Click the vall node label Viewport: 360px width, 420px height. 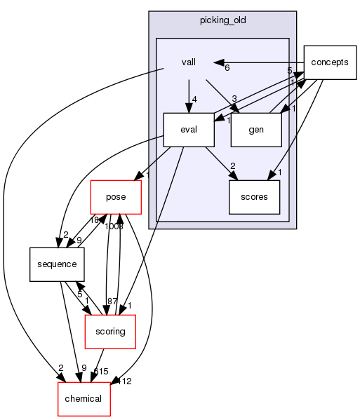[x=187, y=62]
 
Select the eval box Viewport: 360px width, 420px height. [x=187, y=130]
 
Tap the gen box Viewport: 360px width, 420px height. [x=255, y=130]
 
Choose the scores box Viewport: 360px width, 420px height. [x=254, y=197]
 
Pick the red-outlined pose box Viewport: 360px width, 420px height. [x=116, y=197]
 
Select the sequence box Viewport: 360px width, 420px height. [x=57, y=264]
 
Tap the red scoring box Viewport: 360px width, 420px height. [x=109, y=332]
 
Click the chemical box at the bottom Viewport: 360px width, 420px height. [x=84, y=399]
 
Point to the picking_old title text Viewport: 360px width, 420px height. [x=222, y=22]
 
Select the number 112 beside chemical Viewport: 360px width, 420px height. [x=126, y=381]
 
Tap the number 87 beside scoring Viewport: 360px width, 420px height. [x=112, y=301]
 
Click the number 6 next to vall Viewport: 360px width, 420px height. [x=227, y=68]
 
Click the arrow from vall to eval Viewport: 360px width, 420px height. [x=187, y=95]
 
